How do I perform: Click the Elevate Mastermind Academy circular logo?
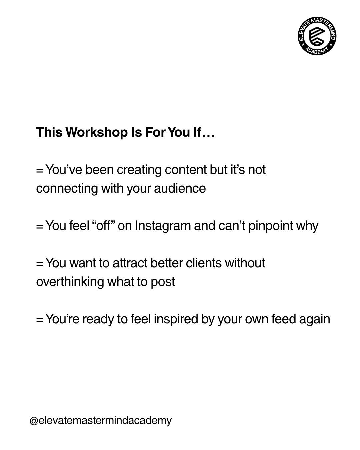317,36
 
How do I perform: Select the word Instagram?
163,226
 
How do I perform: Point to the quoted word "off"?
103,226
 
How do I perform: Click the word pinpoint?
271,226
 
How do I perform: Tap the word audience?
180,188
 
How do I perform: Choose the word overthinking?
70,282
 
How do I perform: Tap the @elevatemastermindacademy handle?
101,420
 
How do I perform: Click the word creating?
139,170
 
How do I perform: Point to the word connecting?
67,189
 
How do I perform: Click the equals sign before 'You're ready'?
40,320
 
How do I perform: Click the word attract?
130,263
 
